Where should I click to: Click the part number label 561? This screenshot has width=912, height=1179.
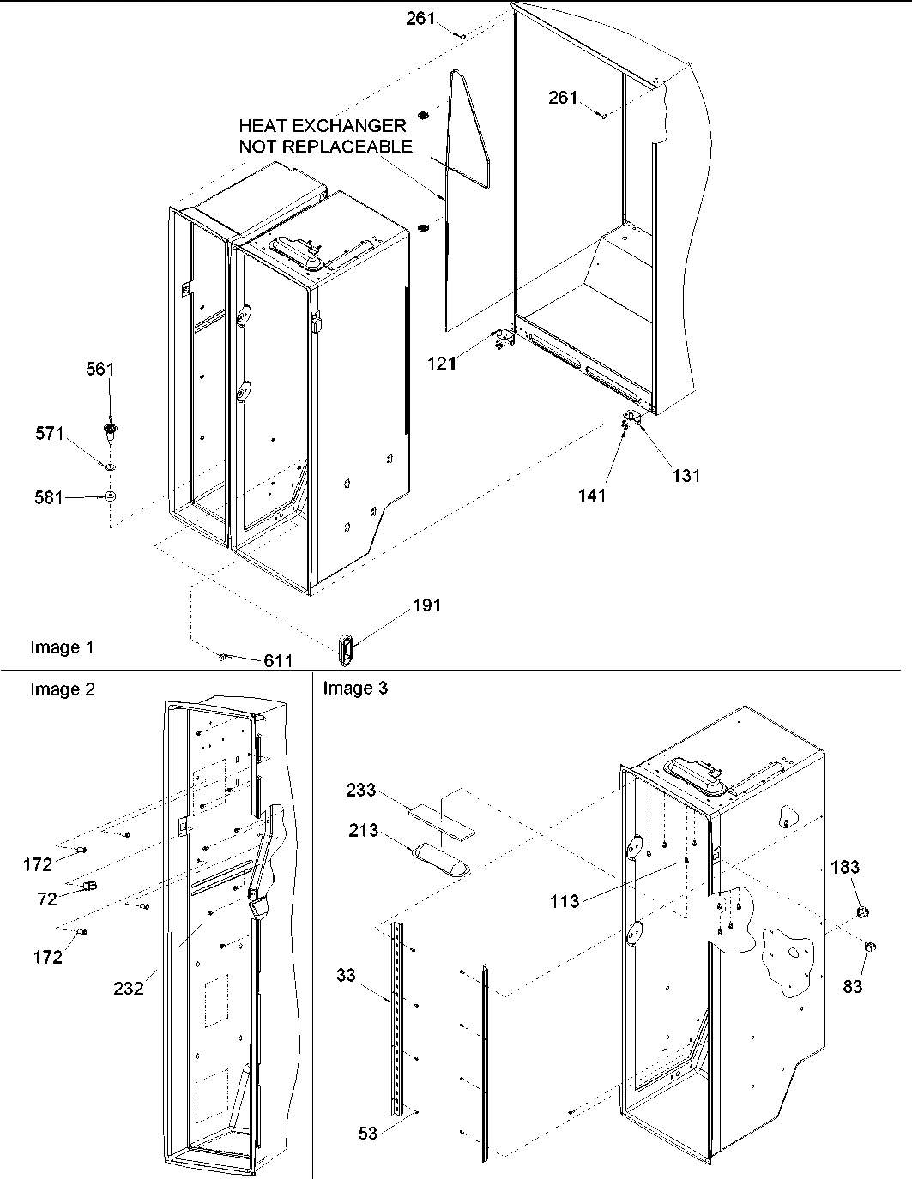(x=99, y=370)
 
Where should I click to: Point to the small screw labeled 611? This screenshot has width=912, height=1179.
(x=222, y=657)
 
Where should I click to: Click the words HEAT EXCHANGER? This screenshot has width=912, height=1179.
(x=322, y=127)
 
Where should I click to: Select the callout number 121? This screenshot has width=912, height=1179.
(x=443, y=364)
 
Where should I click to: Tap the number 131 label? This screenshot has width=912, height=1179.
(x=686, y=476)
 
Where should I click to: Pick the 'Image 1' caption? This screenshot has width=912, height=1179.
(x=63, y=647)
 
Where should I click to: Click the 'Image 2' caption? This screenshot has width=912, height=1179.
(x=63, y=689)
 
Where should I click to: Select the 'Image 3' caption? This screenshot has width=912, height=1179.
(x=354, y=688)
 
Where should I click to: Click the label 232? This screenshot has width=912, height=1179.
(x=128, y=987)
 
